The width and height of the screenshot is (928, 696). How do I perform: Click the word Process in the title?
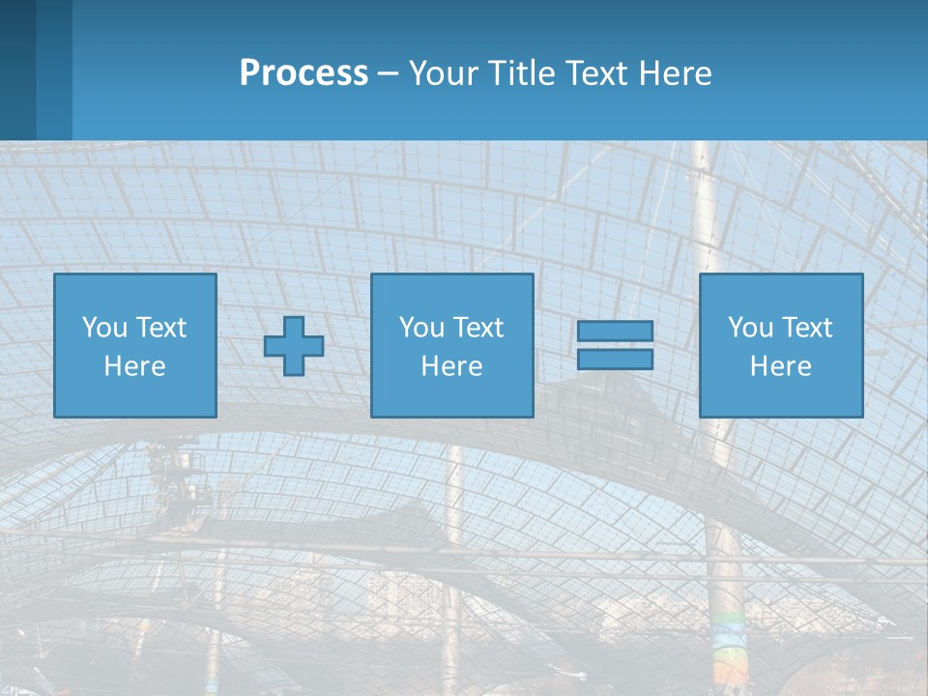point(304,73)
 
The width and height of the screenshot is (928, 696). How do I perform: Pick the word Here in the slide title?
point(676,73)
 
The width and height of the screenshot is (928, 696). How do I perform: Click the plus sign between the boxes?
point(294,346)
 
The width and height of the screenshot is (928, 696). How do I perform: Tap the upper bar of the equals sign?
point(615,332)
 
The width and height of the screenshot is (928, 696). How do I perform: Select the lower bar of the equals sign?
point(615,360)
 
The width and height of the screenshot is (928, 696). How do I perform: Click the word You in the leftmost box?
point(104,328)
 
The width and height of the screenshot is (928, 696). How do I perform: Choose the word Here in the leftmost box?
point(134,366)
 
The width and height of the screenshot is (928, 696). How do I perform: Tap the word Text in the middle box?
point(478,328)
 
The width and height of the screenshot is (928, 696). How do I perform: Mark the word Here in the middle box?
point(451,366)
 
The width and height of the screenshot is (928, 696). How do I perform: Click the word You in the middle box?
point(421,328)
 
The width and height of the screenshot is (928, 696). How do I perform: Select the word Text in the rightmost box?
point(806,328)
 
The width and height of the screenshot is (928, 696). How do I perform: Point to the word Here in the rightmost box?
point(780,366)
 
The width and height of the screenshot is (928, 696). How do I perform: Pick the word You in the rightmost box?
point(750,328)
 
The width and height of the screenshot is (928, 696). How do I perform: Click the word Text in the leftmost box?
point(160,328)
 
